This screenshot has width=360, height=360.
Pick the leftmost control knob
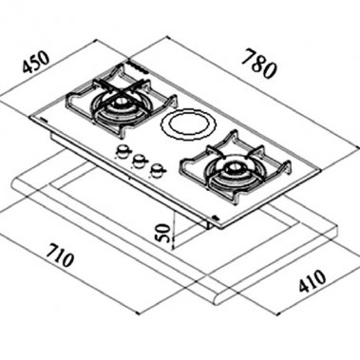122,153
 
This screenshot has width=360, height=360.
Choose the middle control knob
139,161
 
